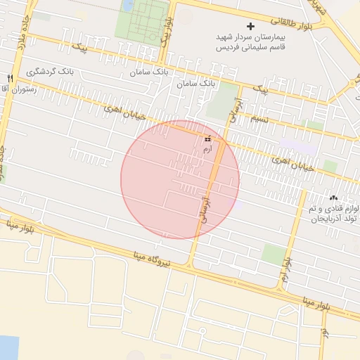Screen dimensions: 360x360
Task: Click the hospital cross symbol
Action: click(x=250, y=26)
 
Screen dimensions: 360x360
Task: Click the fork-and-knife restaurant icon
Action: click(x=10, y=78)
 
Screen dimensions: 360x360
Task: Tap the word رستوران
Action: click(x=17, y=89)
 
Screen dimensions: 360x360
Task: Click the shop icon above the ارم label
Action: click(x=207, y=139)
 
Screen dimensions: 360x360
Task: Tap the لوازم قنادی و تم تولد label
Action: click(x=333, y=213)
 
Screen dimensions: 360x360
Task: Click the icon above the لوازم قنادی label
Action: click(x=333, y=198)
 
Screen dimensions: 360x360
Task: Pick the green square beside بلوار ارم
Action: click(x=273, y=254)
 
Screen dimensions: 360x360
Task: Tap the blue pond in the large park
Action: click(x=129, y=5)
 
